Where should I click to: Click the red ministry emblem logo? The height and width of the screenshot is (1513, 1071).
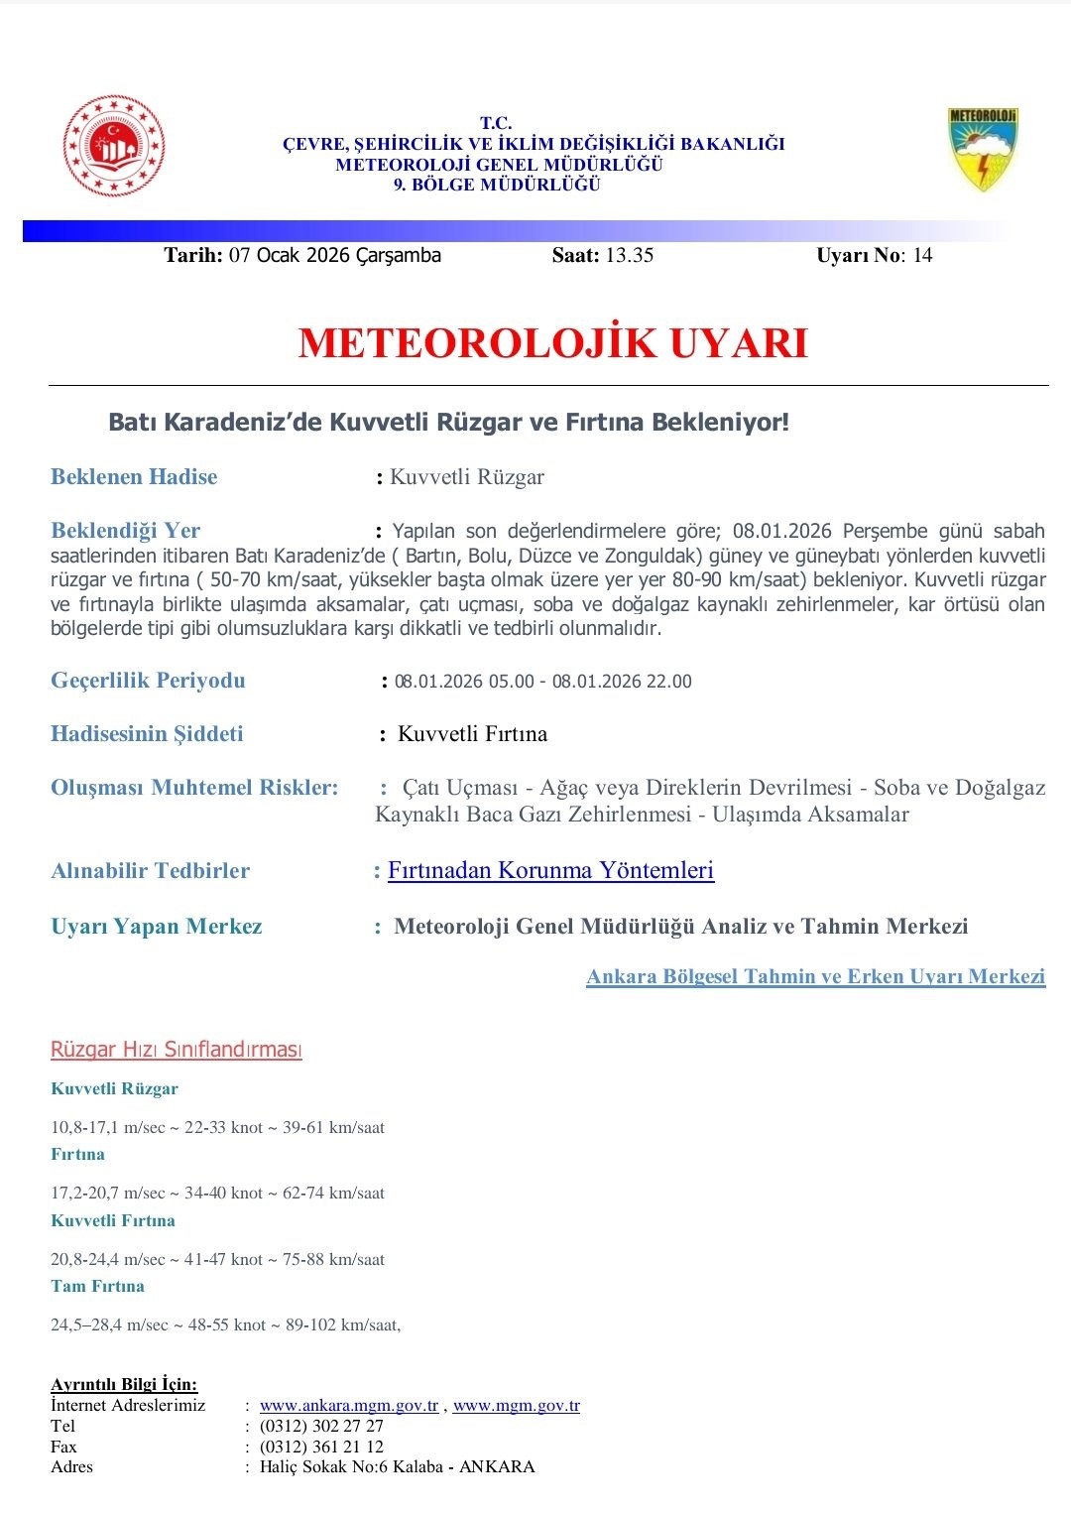[114, 147]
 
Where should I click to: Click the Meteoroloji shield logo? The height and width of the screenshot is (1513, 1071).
[982, 149]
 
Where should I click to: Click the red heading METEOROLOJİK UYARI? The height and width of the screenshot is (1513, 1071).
[552, 343]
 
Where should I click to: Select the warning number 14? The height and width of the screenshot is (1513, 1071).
[922, 255]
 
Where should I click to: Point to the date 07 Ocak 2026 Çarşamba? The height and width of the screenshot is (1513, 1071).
[334, 255]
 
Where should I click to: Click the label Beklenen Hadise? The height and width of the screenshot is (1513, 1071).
[134, 477]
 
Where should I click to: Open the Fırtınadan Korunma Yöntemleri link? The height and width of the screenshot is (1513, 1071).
[550, 870]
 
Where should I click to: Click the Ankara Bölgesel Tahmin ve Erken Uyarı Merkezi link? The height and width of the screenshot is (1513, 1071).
[815, 976]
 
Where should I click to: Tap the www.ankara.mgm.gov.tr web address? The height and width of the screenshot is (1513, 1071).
[349, 1405]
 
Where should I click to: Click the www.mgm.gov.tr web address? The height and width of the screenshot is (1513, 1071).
[516, 1405]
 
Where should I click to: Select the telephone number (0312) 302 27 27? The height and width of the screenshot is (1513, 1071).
[321, 1426]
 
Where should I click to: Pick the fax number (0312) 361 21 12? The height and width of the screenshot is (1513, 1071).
[321, 1447]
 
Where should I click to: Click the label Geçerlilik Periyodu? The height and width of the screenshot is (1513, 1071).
[148, 681]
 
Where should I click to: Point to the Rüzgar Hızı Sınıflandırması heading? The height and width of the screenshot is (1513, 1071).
[177, 1050]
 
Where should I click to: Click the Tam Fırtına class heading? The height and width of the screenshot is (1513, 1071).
[97, 1286]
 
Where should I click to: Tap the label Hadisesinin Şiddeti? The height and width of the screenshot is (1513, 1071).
[147, 734]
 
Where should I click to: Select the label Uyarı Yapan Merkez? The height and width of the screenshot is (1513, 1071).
[157, 927]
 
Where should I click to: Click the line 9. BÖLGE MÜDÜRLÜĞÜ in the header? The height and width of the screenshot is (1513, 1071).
[497, 185]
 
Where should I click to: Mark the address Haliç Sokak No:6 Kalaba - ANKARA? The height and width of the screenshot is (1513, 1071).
[397, 1466]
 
